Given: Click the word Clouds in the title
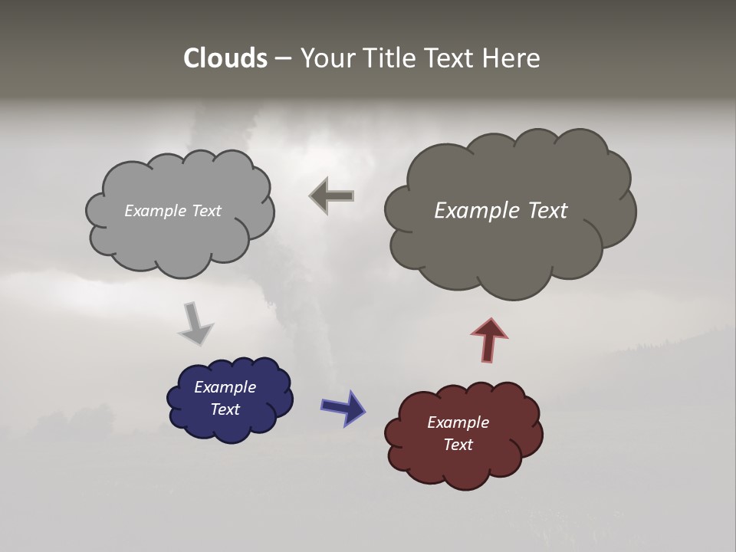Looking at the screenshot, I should [225, 58].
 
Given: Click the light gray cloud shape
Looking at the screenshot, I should [179, 230].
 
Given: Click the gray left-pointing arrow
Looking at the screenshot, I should [332, 195].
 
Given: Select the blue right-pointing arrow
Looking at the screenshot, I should [343, 407].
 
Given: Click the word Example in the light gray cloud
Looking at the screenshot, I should [155, 211].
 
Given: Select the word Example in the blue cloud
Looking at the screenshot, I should [225, 387].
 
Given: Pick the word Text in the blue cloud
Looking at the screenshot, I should [225, 409].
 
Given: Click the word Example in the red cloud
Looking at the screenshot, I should [458, 422].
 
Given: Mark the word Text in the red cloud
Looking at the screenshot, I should [458, 445].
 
